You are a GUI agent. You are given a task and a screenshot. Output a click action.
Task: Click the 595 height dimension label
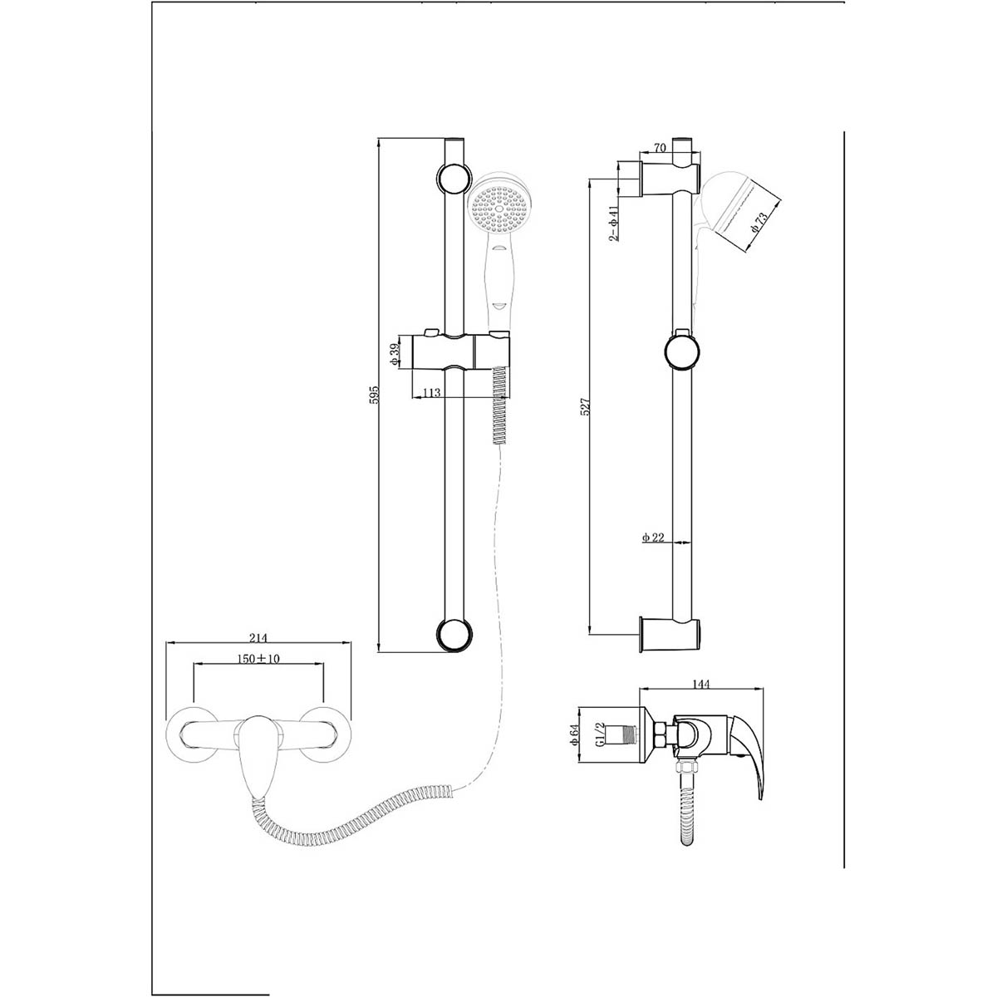point(376,395)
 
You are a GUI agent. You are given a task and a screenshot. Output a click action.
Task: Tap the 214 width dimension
point(258,637)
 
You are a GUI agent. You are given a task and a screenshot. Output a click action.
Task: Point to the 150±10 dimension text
point(258,659)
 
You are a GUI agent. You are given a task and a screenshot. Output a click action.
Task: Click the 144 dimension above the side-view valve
point(701,684)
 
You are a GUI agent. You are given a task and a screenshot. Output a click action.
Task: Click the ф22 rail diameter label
point(653,538)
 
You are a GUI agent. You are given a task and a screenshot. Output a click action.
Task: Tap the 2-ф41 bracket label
point(614,223)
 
